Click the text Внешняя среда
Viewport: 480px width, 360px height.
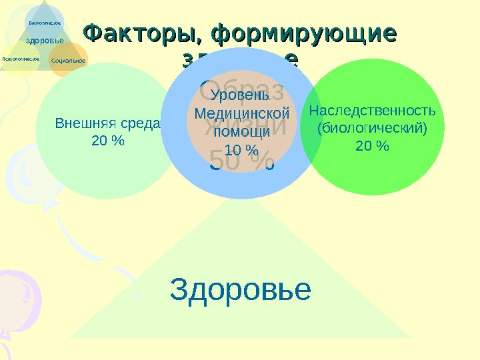coord(107,124)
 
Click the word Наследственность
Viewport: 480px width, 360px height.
coord(373,109)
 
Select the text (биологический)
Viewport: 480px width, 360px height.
coord(373,127)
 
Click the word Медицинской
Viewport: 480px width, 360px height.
coord(241,114)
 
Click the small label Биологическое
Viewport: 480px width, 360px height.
coord(45,23)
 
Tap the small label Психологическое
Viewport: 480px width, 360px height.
coord(21,59)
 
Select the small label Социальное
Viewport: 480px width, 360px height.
coord(69,60)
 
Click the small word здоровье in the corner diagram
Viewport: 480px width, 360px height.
coord(44,41)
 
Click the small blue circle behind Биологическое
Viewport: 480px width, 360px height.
coord(45,15)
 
